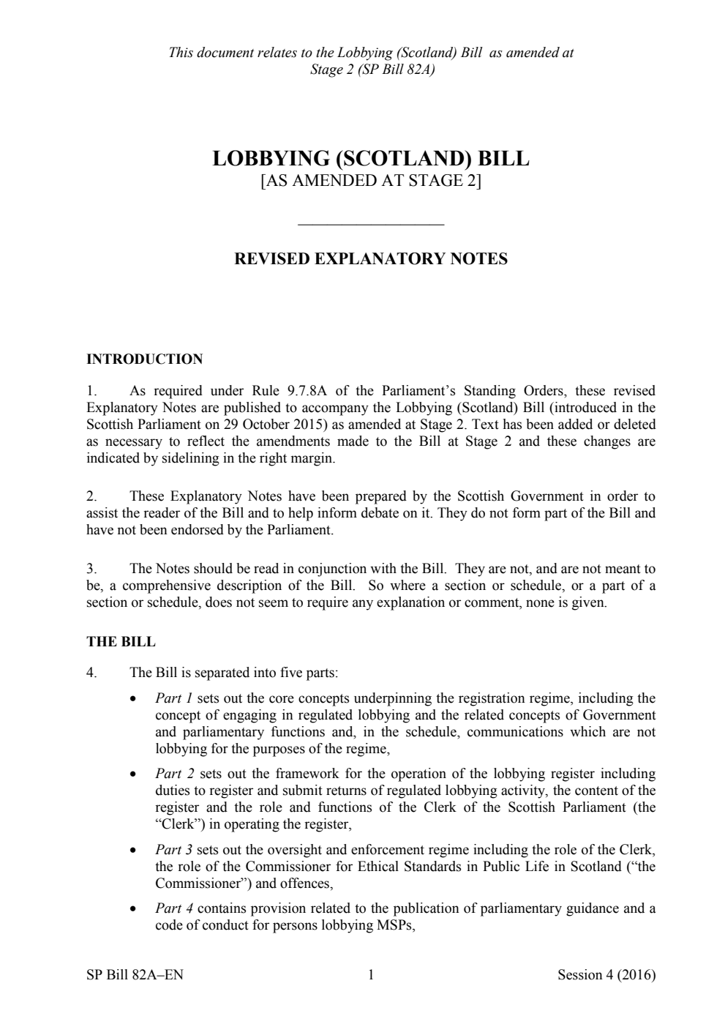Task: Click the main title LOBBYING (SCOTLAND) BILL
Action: [370, 159]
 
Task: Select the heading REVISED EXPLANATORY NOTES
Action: [370, 259]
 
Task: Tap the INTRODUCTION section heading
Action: [144, 359]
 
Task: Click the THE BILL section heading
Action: [121, 642]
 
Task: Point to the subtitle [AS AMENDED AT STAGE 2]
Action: [370, 182]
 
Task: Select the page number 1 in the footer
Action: [370, 975]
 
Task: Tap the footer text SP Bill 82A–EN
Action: [135, 975]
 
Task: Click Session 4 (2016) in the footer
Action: [606, 975]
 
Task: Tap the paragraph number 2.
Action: [91, 496]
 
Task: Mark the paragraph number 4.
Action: [91, 672]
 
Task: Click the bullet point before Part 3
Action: [132, 851]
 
